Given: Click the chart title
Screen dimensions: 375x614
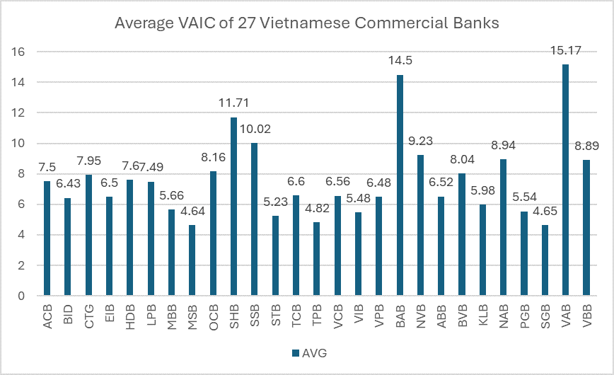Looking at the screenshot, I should [307, 23].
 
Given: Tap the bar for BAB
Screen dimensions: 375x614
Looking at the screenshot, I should [400, 185].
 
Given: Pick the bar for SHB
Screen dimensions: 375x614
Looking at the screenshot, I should [233, 206].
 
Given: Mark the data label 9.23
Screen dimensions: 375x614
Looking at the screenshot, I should [420, 143].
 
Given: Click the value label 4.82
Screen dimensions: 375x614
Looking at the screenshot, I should [317, 210].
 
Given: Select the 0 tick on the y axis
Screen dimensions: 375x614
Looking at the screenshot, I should [23, 296].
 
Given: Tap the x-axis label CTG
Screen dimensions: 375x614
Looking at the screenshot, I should [88, 316].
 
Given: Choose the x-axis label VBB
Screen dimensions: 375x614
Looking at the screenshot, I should [586, 316].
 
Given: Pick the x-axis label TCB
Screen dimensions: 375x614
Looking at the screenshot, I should [296, 316].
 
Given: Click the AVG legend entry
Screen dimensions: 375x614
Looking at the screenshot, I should [307, 352].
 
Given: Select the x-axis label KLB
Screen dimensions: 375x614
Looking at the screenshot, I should [482, 316].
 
